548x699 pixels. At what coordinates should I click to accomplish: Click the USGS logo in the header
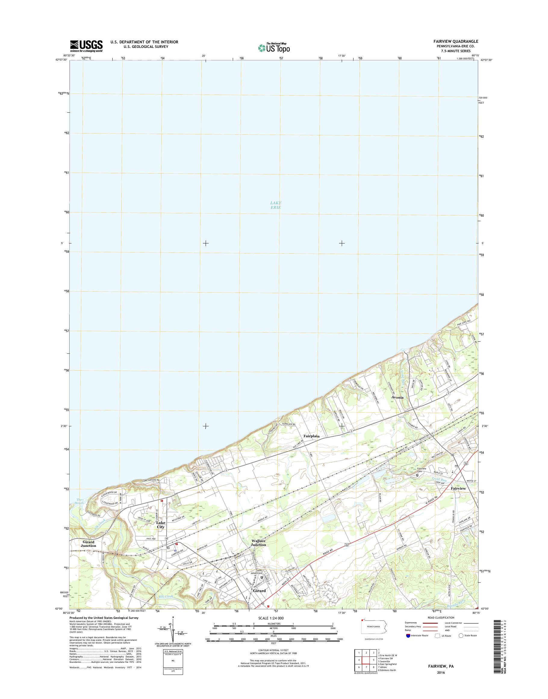tap(86, 45)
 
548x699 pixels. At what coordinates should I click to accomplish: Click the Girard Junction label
tap(88, 544)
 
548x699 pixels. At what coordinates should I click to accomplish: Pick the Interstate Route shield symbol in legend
tap(408, 635)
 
